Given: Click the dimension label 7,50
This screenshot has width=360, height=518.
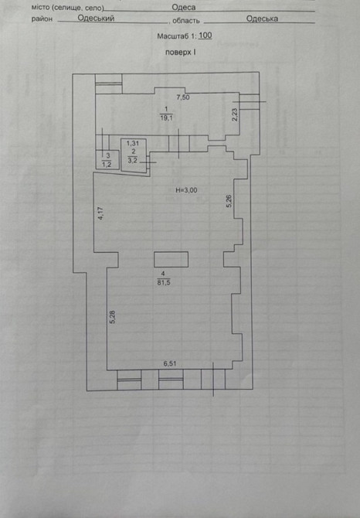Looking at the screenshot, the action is click(183, 97).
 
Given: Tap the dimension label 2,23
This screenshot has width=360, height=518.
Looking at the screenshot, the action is click(235, 115).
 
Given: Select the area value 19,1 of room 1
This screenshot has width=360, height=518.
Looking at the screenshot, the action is click(166, 118).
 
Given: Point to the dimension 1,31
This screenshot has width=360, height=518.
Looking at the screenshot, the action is click(133, 143).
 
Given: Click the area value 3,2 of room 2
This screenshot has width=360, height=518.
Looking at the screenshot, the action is click(132, 161).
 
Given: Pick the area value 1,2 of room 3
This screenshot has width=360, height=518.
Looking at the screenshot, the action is click(107, 165).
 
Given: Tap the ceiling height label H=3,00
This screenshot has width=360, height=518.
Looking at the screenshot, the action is click(186, 190).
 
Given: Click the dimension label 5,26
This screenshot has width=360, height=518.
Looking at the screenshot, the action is click(229, 201).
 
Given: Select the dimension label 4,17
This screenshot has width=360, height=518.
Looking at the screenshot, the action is click(101, 213).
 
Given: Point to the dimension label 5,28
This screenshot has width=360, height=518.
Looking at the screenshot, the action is click(113, 316).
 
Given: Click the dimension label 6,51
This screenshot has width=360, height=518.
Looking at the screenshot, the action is click(170, 363).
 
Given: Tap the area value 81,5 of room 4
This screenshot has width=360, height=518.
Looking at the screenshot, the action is click(164, 282).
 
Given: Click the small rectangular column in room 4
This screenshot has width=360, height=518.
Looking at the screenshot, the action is click(171, 259).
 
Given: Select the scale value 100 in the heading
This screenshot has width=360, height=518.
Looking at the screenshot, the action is click(205, 36).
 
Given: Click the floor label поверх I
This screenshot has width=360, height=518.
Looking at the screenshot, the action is click(181, 53).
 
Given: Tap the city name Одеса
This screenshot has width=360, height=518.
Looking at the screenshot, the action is click(183, 7).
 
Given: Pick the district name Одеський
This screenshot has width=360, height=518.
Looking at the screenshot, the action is click(96, 18).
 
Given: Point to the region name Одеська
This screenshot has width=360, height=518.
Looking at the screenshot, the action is click(262, 19).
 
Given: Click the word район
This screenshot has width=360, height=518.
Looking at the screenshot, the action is click(42, 19).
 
